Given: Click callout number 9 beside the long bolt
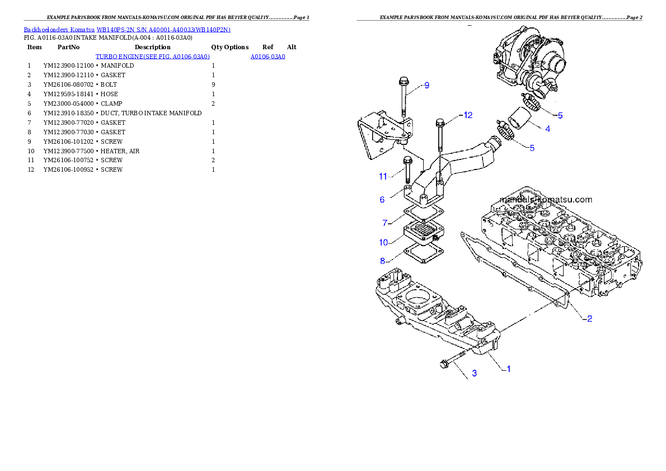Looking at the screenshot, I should pos(426,86).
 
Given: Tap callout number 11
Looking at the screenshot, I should pos(383,176).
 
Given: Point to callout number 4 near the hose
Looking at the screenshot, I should pos(547,129).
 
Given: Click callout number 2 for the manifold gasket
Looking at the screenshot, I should pos(589,319).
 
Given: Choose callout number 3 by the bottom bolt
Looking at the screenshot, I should pos(474,373).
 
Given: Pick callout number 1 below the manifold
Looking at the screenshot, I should pos(508,369).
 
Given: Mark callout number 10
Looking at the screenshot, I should pos(383,242).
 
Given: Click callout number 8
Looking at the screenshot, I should pos(382,261).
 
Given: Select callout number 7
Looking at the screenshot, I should pos(384,223).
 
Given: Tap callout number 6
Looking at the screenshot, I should pos(382,200).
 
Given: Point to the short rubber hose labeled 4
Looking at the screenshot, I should pos(518,121).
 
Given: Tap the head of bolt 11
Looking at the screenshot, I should pos(407,162).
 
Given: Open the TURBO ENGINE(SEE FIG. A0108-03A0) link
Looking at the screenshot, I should pos(152,56).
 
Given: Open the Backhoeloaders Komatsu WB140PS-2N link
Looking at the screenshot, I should pos(127,29).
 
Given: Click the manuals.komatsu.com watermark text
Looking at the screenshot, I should pos(546,199).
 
